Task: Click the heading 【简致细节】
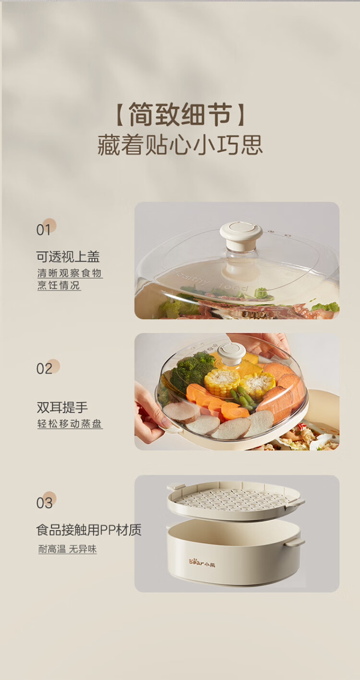(x=180, y=114)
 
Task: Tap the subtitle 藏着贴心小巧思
(x=180, y=145)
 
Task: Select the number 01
(x=44, y=230)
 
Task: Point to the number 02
(x=45, y=368)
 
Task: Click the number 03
(x=45, y=503)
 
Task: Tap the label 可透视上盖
(x=68, y=257)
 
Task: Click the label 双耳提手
(x=62, y=407)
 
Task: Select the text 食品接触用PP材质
(x=89, y=530)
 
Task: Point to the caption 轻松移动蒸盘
(x=70, y=424)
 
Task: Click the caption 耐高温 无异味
(x=67, y=549)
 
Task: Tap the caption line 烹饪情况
(x=58, y=285)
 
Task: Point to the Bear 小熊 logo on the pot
(x=202, y=563)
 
